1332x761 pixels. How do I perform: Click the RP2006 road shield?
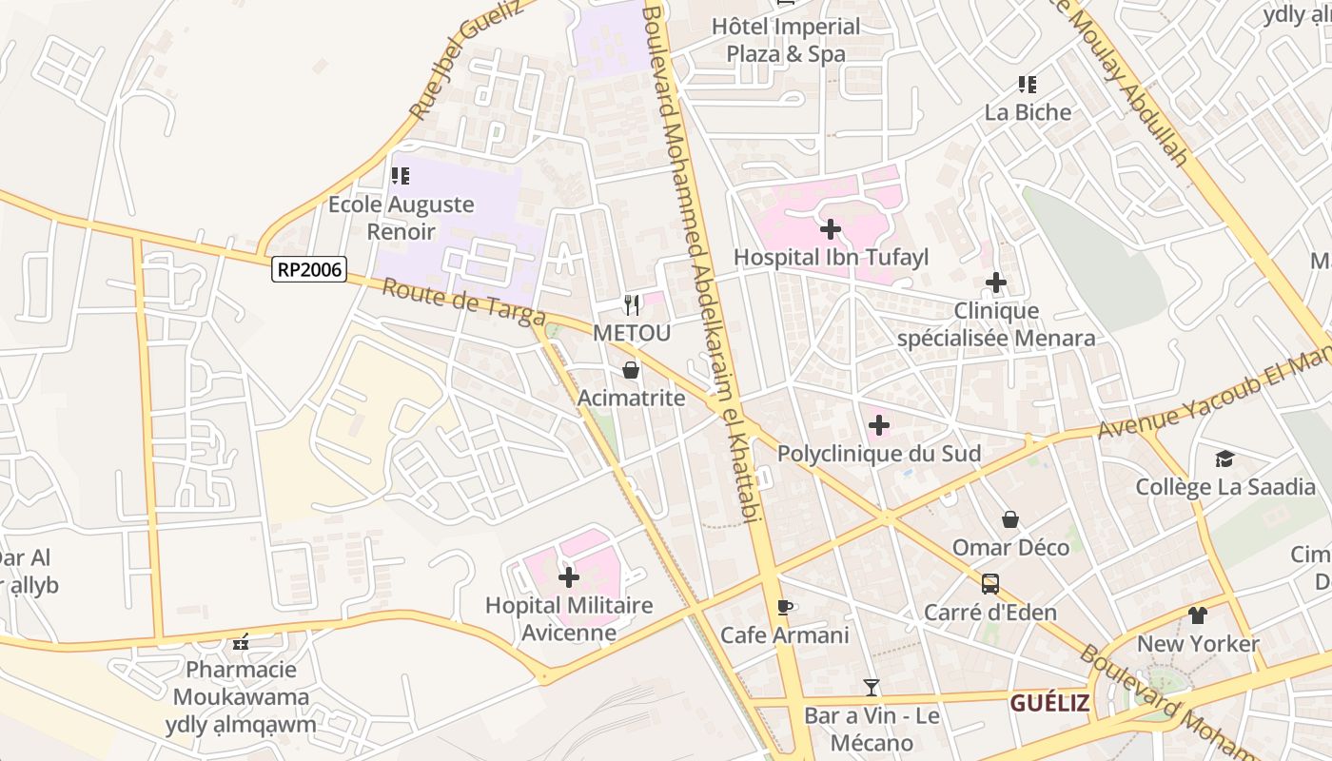(308, 269)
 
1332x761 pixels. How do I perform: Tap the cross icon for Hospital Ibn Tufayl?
(831, 229)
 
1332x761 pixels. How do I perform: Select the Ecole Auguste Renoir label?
(401, 218)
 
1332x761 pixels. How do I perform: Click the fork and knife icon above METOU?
(631, 305)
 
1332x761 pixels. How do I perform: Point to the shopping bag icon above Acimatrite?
(631, 370)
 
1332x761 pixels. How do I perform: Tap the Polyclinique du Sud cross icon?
(879, 425)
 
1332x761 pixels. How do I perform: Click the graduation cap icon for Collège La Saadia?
(1224, 459)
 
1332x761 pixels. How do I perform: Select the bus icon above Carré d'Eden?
(990, 583)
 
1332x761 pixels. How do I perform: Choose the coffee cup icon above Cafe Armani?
(784, 607)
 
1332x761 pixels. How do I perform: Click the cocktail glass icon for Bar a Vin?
(872, 687)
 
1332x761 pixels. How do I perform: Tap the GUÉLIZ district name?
(1049, 703)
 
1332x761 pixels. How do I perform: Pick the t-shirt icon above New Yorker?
(1198, 615)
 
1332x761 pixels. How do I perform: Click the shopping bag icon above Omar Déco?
(1010, 519)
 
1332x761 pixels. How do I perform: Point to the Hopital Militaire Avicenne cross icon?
(569, 577)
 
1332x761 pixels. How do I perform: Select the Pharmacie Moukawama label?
(241, 683)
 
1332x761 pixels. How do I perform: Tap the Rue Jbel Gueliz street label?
(464, 59)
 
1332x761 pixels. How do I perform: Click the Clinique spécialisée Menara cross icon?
(996, 283)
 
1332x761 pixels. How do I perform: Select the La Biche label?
(1028, 112)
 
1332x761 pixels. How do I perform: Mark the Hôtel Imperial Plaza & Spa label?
(786, 40)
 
